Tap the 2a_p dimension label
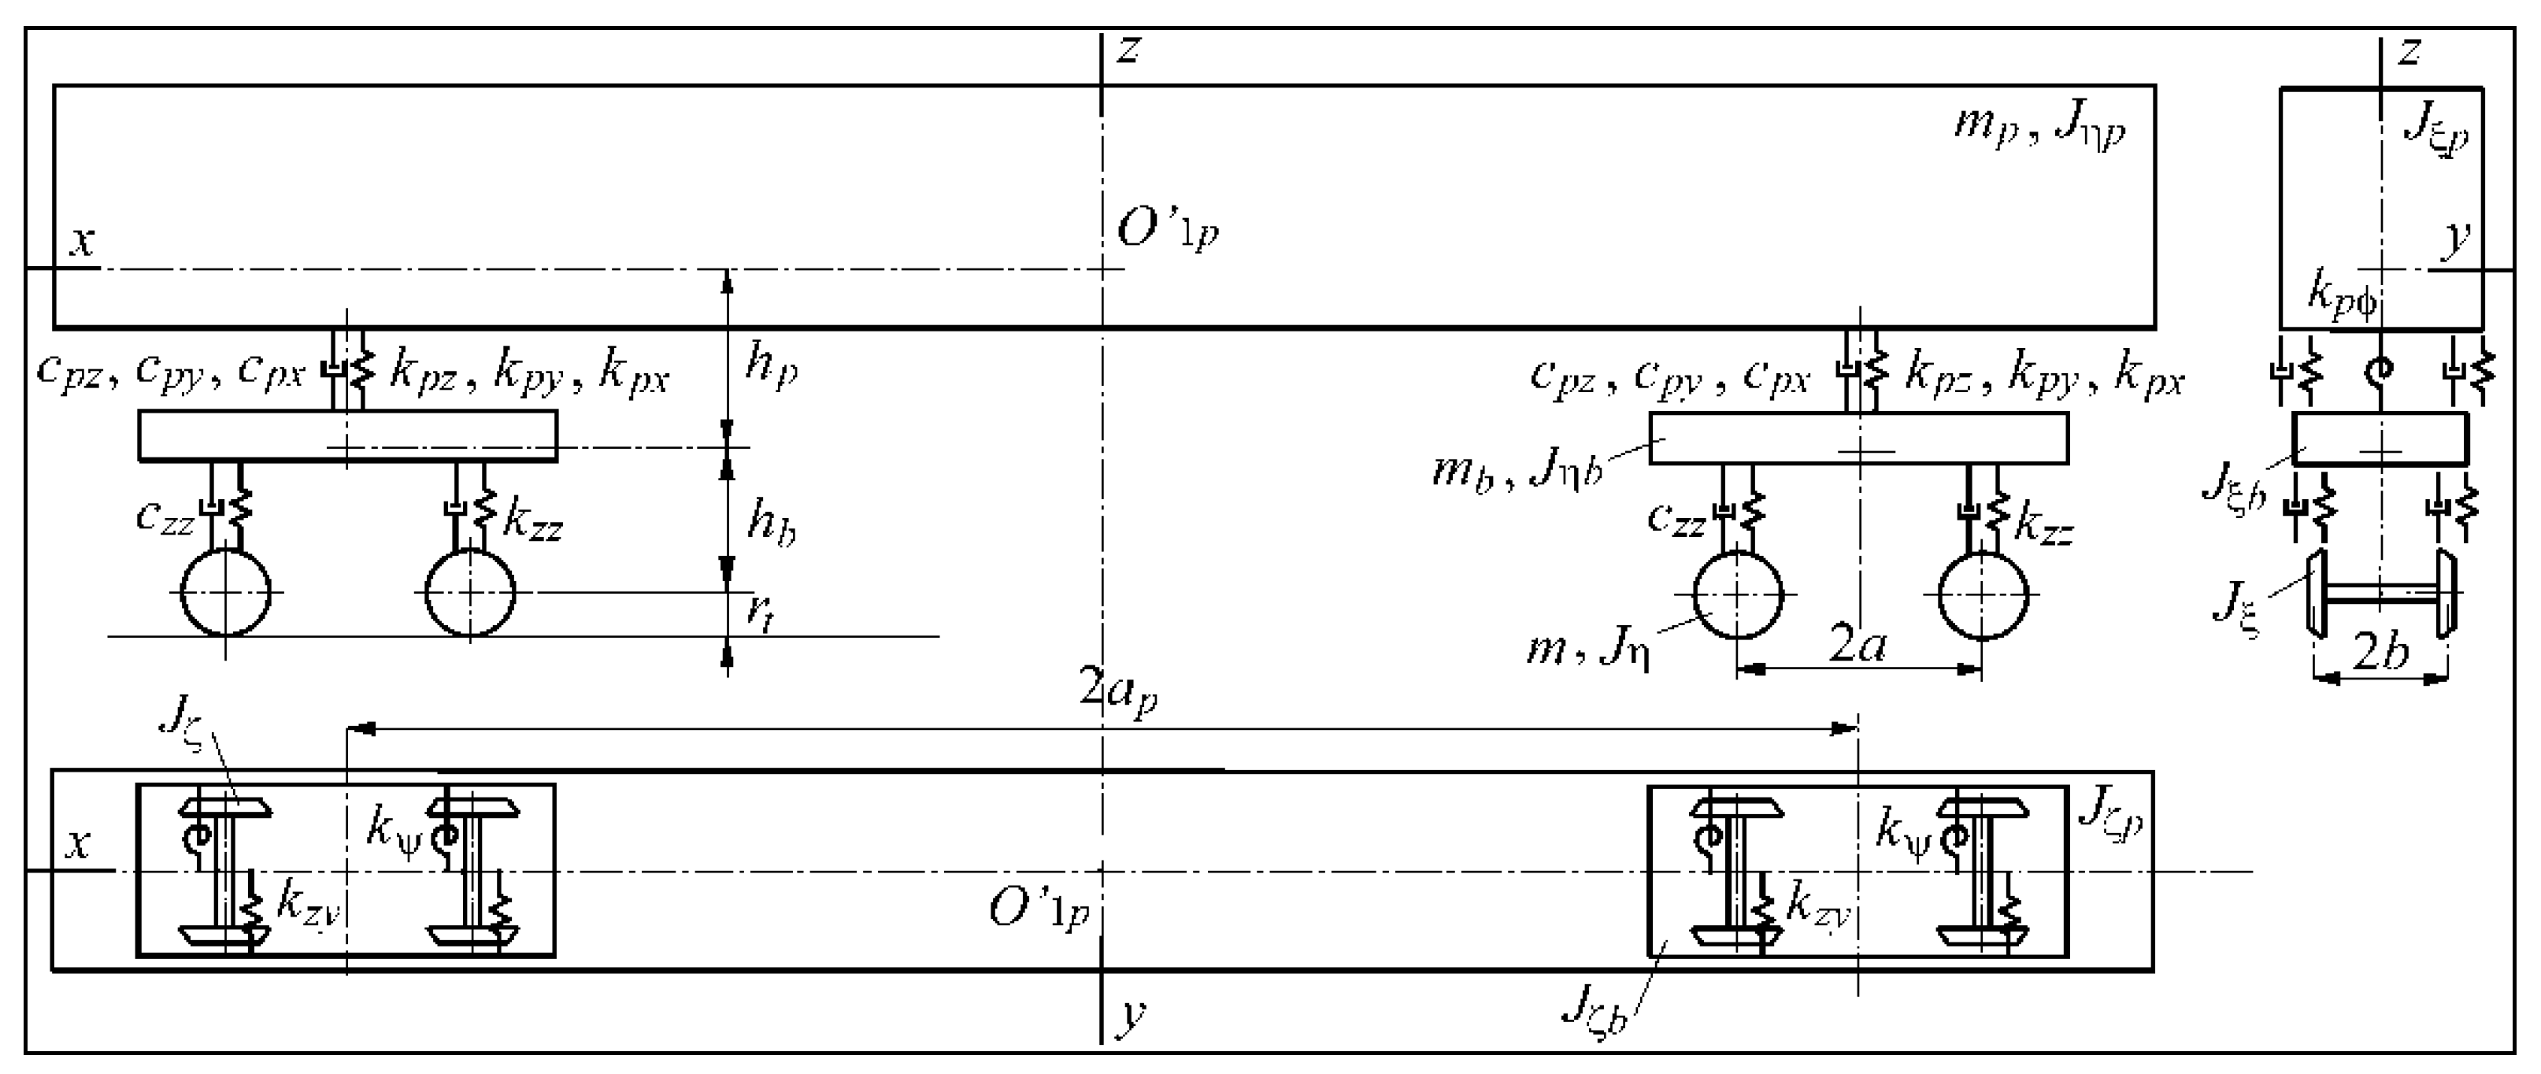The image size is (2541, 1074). coord(1117,691)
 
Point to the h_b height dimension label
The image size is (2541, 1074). coord(770,522)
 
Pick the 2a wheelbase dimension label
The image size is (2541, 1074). coord(1858,646)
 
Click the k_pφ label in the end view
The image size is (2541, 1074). coord(2342,294)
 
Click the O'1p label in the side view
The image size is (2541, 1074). coord(1167,231)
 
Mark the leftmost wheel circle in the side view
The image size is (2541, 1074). coord(226,593)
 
